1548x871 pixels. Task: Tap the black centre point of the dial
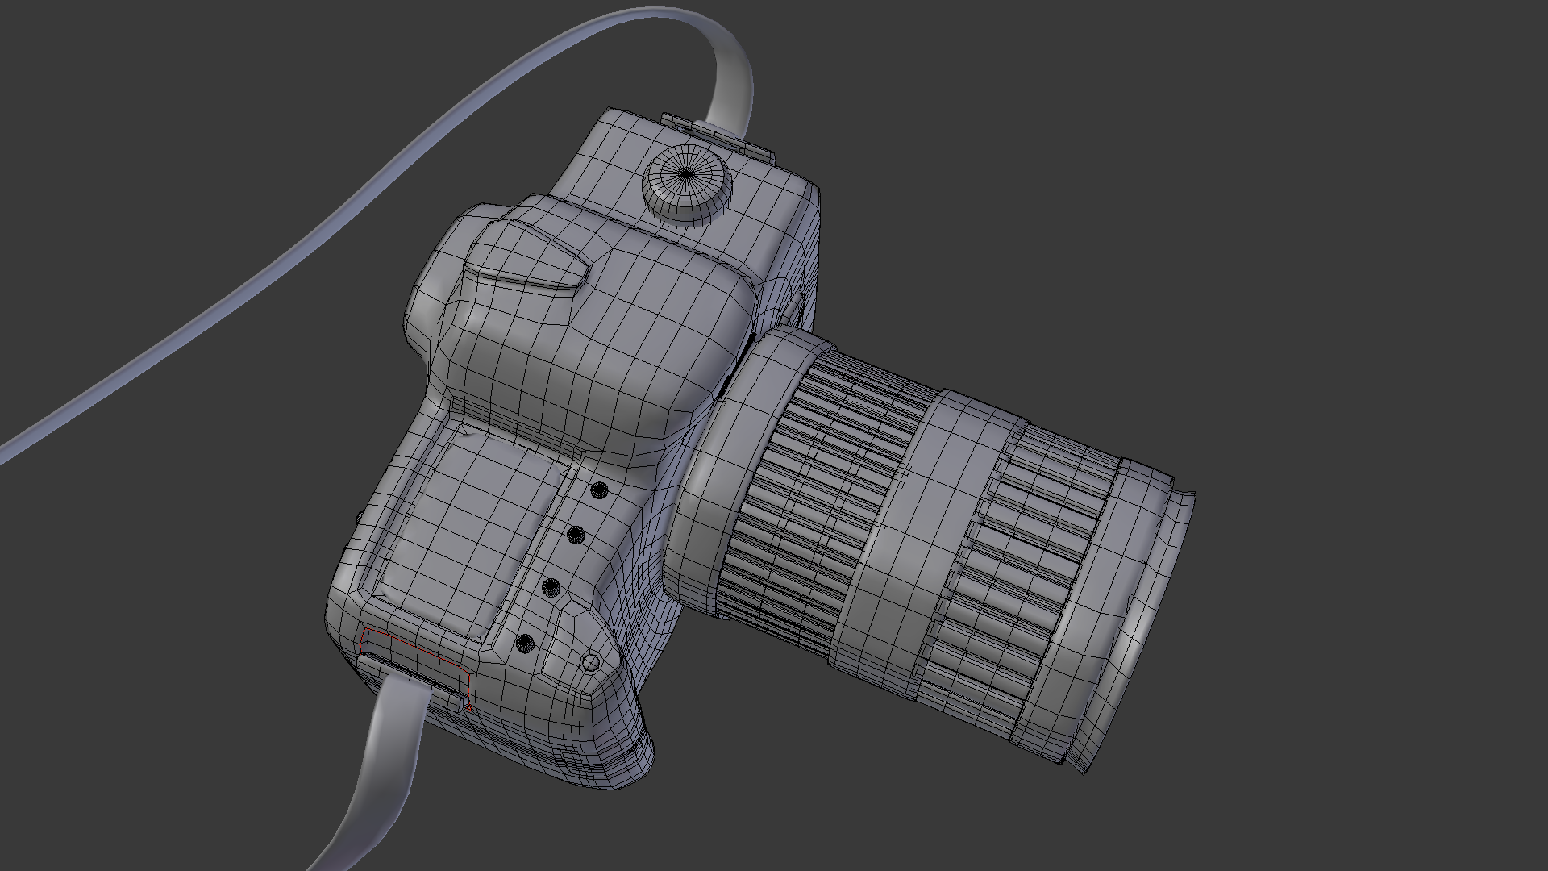click(686, 173)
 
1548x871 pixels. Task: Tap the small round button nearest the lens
click(599, 490)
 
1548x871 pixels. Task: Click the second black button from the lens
click(576, 534)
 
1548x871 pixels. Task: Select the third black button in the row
click(551, 587)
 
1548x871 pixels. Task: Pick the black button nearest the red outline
click(525, 643)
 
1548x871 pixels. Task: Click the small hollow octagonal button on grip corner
click(591, 663)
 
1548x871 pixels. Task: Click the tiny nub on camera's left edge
click(356, 517)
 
